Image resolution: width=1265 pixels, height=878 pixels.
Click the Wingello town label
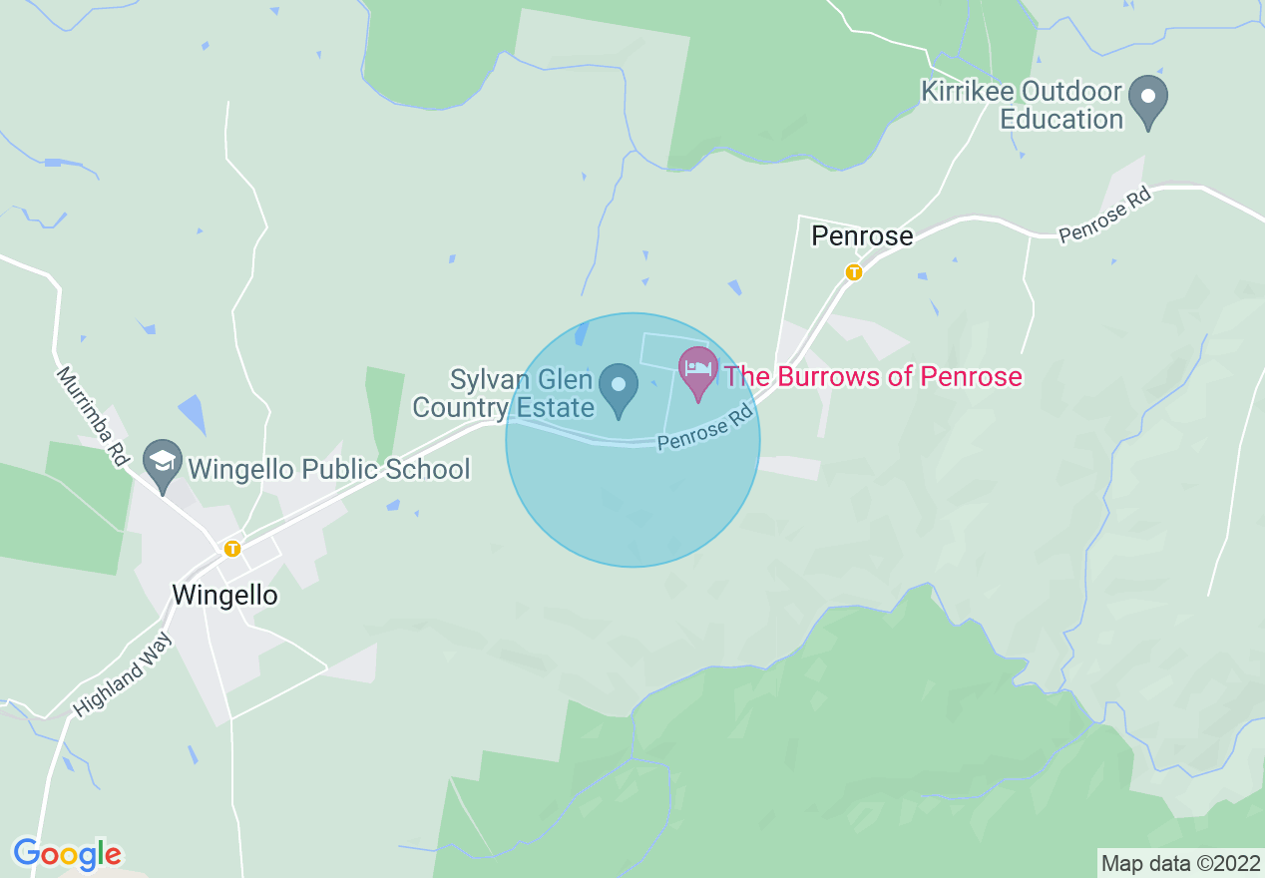pos(224,596)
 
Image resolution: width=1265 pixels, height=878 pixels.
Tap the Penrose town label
pos(862,236)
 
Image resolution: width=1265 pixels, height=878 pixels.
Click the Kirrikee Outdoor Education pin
pos(1147,101)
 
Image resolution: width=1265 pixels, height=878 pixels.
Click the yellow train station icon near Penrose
pos(853,271)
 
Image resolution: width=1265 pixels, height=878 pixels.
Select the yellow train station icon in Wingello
pos(232,548)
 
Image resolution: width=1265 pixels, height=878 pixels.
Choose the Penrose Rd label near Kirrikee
pos(1105,216)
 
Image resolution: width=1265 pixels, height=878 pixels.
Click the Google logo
pos(67,855)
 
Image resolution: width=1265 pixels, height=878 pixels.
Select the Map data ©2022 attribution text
pos(1179,862)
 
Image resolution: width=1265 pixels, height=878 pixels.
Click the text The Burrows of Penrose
pos(873,376)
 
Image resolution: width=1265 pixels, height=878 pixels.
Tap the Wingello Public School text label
pos(328,468)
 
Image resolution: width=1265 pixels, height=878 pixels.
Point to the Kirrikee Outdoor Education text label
pos(1020,105)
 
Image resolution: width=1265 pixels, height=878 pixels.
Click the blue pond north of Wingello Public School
pos(192,413)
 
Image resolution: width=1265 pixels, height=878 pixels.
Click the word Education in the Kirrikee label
pos(1061,119)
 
